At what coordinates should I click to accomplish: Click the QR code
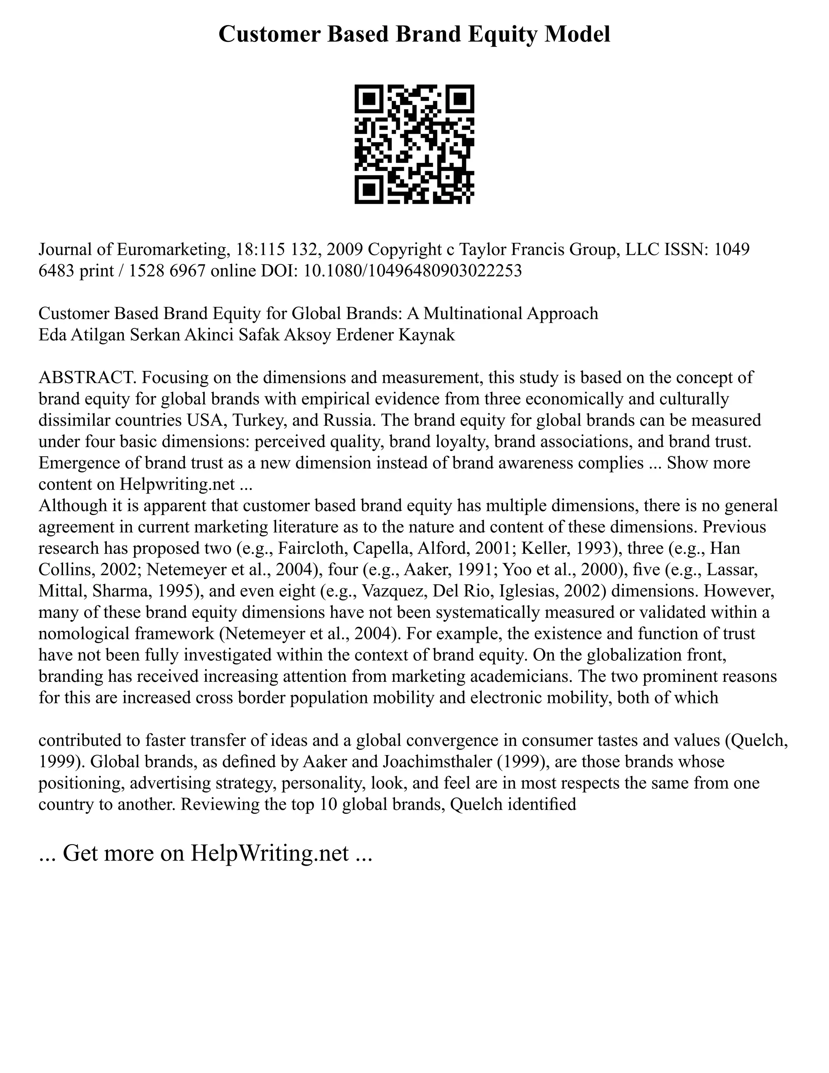[x=414, y=145]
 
